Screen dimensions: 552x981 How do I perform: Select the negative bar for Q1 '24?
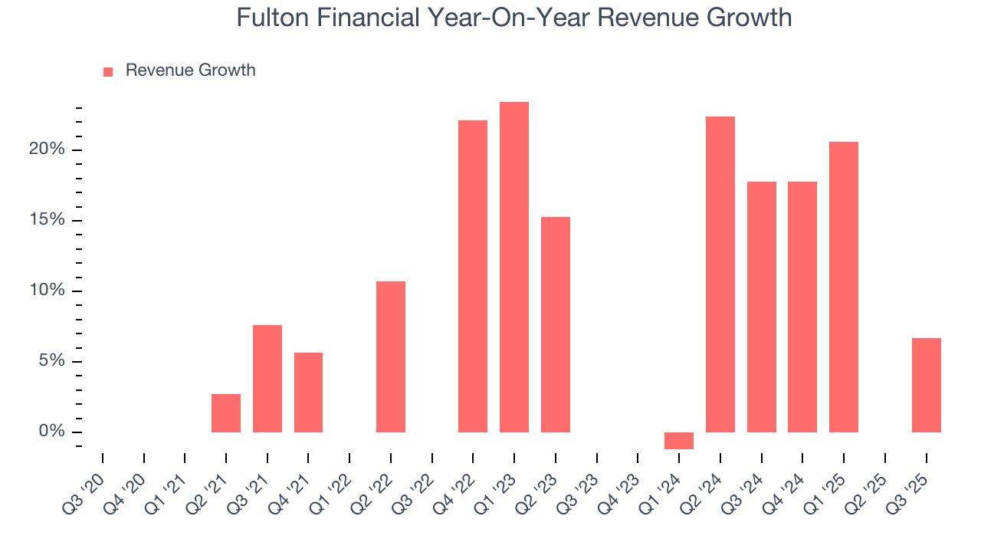point(679,441)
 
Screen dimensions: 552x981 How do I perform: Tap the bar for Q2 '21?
point(226,413)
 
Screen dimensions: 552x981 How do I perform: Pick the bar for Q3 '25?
point(926,385)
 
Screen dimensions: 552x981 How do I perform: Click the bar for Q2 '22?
point(391,356)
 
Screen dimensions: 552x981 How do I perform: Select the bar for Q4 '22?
point(473,276)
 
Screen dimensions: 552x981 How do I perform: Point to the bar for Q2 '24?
point(720,274)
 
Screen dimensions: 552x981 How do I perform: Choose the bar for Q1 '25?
point(844,287)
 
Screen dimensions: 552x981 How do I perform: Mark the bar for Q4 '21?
point(308,393)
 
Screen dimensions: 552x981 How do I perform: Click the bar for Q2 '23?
point(556,324)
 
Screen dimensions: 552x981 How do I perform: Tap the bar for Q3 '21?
point(267,379)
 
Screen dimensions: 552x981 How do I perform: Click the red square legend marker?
point(108,71)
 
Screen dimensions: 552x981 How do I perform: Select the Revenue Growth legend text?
point(190,71)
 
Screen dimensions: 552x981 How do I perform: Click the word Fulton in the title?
point(267,18)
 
